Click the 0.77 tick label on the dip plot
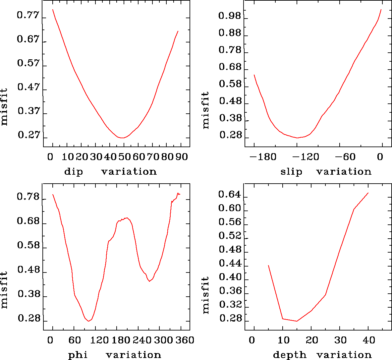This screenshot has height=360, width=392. (x=28, y=16)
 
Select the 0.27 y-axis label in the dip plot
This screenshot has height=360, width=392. (x=28, y=135)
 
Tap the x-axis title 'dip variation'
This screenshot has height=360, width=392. (x=110, y=172)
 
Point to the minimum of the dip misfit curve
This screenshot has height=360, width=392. (x=122, y=138)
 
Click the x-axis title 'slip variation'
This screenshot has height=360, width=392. (x=326, y=172)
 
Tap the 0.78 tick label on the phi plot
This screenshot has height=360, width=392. (x=28, y=197)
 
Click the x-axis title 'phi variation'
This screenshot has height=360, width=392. (x=115, y=355)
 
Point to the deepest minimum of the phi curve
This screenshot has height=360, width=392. (x=88, y=321)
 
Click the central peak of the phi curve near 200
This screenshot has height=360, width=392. (x=126, y=218)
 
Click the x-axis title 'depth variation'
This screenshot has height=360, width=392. (x=322, y=355)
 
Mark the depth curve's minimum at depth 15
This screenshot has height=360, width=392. (x=297, y=321)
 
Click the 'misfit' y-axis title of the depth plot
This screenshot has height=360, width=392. (x=206, y=295)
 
